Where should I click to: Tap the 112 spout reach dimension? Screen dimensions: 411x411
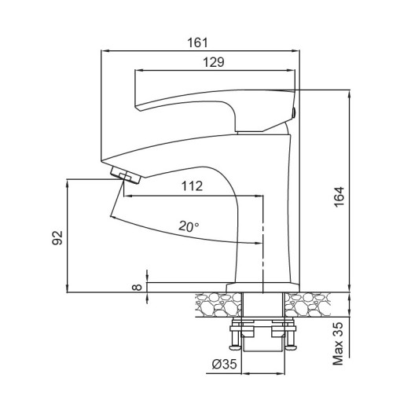tap(192, 186)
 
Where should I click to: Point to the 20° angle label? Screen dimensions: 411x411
tap(188, 226)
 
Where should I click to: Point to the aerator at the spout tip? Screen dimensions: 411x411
tap(122, 174)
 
